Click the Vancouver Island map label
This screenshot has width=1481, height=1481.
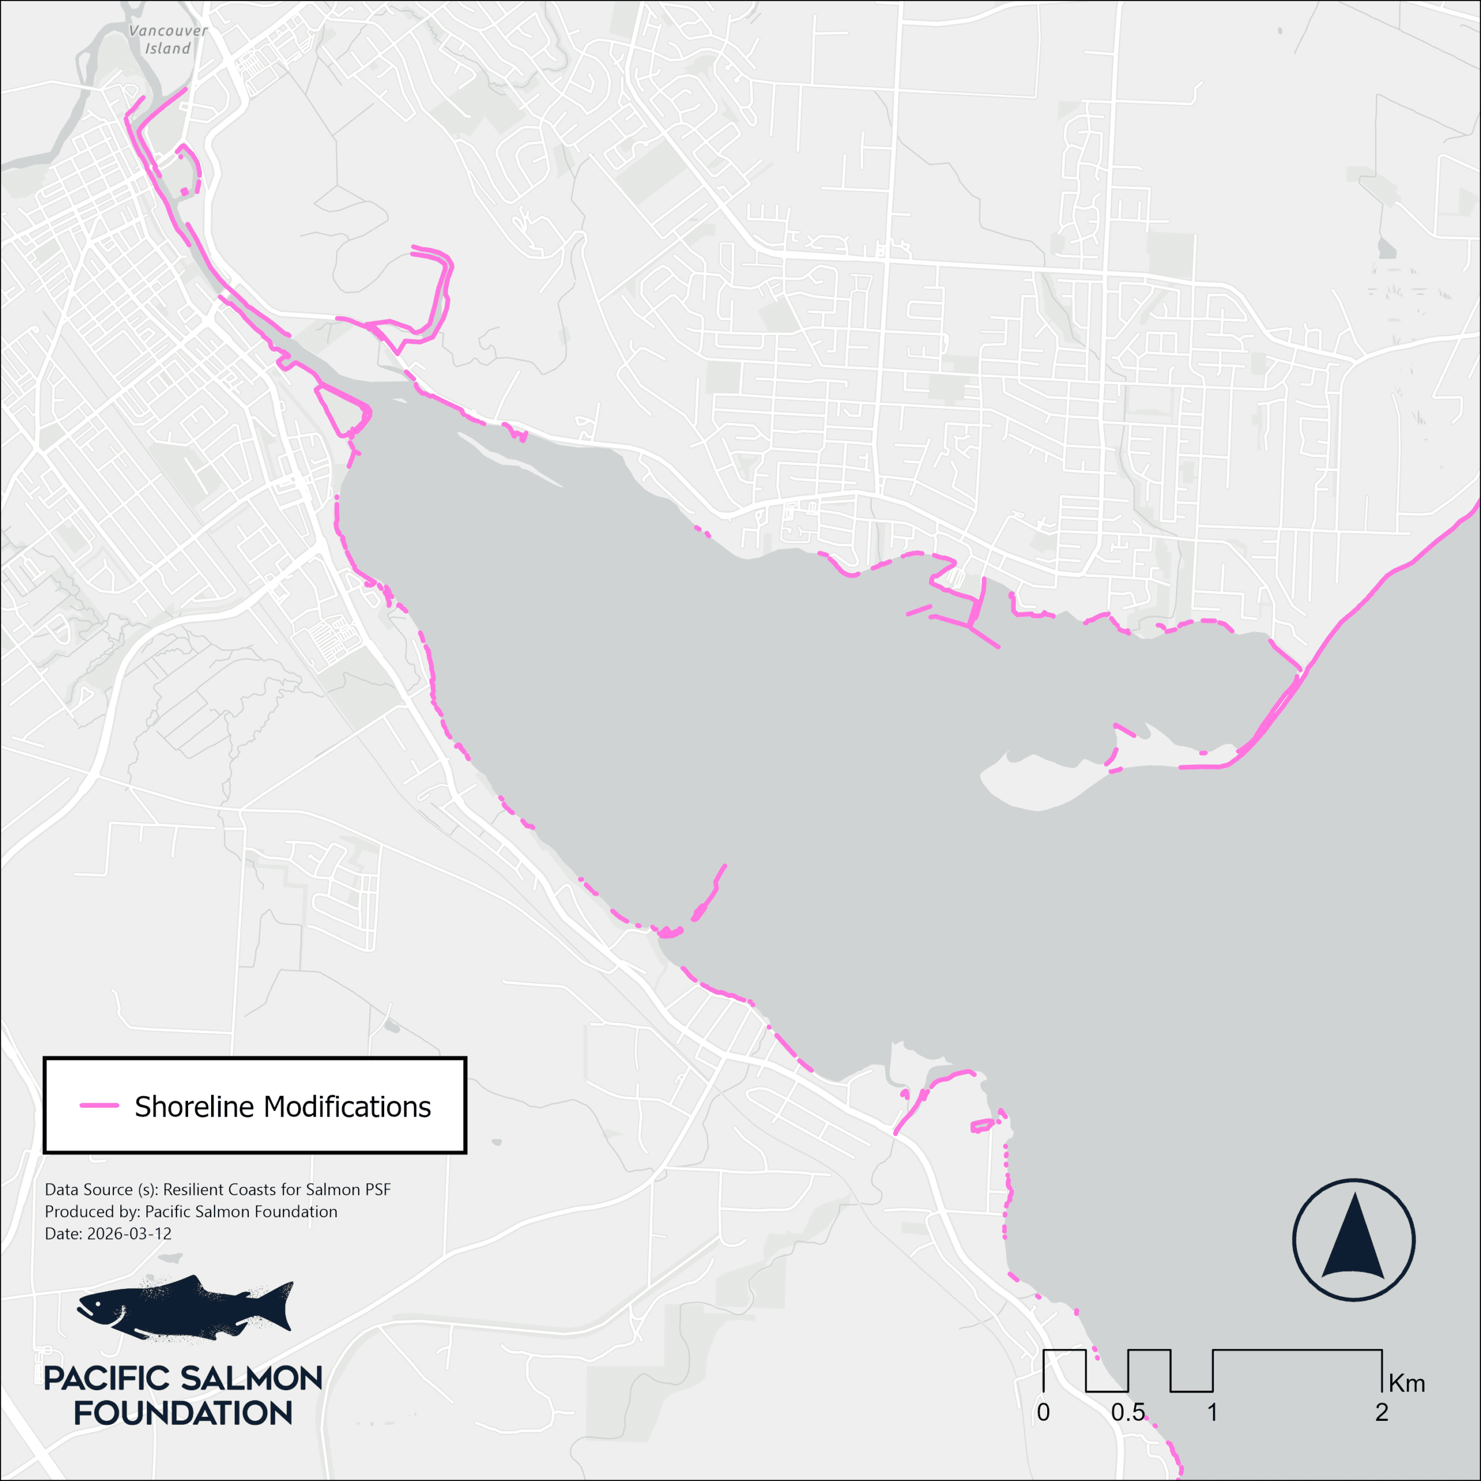pos(168,40)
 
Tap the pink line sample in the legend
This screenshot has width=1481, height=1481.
pos(99,1106)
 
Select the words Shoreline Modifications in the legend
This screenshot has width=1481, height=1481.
pos(282,1107)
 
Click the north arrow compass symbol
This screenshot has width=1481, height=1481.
pos(1353,1240)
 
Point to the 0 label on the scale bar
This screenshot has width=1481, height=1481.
pos(1042,1412)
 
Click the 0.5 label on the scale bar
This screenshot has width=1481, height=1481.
pos(1128,1412)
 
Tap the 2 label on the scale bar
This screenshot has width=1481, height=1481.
pos(1381,1412)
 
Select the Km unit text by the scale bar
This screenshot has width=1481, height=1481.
pos(1406,1384)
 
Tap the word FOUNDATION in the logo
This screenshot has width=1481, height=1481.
pos(183,1413)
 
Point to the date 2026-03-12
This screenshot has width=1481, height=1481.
pos(129,1233)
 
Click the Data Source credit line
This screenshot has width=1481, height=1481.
pos(218,1189)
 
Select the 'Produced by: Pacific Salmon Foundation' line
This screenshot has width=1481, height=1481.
pos(191,1211)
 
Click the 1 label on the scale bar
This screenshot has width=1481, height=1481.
pos(1212,1412)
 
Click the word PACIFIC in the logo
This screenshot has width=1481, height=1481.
pos(106,1378)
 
